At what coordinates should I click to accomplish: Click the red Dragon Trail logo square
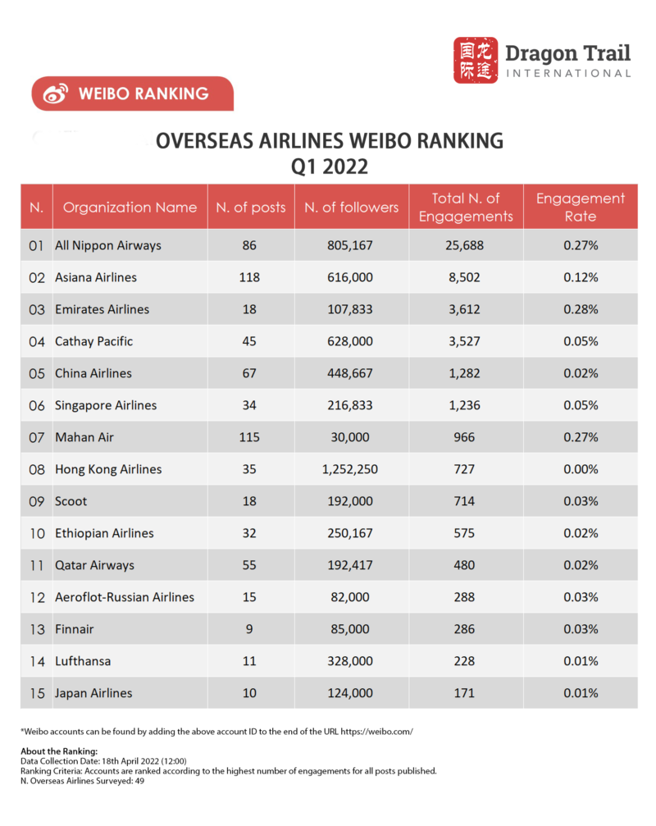point(476,60)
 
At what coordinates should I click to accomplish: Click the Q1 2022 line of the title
point(329,167)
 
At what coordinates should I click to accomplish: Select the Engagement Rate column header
point(581,208)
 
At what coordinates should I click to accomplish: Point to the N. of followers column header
point(351,208)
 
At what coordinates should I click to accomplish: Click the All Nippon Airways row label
point(108,245)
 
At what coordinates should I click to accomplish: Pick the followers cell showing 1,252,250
point(351,469)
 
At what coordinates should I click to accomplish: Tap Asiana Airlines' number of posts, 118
point(249,277)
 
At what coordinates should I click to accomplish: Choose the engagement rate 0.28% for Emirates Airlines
point(581,309)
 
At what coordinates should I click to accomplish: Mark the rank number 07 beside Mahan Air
point(36,437)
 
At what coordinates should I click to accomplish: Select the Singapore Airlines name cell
point(106,405)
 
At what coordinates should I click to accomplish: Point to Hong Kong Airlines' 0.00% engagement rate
point(581,469)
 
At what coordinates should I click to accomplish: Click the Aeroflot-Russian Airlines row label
point(125,597)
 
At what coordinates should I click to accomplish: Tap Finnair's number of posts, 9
point(249,629)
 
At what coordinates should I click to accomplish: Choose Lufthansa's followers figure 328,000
point(351,661)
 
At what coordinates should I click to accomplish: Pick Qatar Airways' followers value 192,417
point(351,565)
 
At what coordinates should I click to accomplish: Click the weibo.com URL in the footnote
point(375,731)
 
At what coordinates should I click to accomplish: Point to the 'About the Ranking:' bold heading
point(59,751)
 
